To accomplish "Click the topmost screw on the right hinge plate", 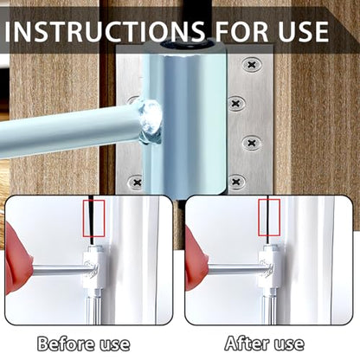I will tap(251, 65).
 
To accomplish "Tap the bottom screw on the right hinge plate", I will tap(237, 182).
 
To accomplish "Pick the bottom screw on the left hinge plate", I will tap(136, 183).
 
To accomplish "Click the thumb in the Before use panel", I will tap(17, 260).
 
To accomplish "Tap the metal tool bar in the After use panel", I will tap(234, 269).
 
